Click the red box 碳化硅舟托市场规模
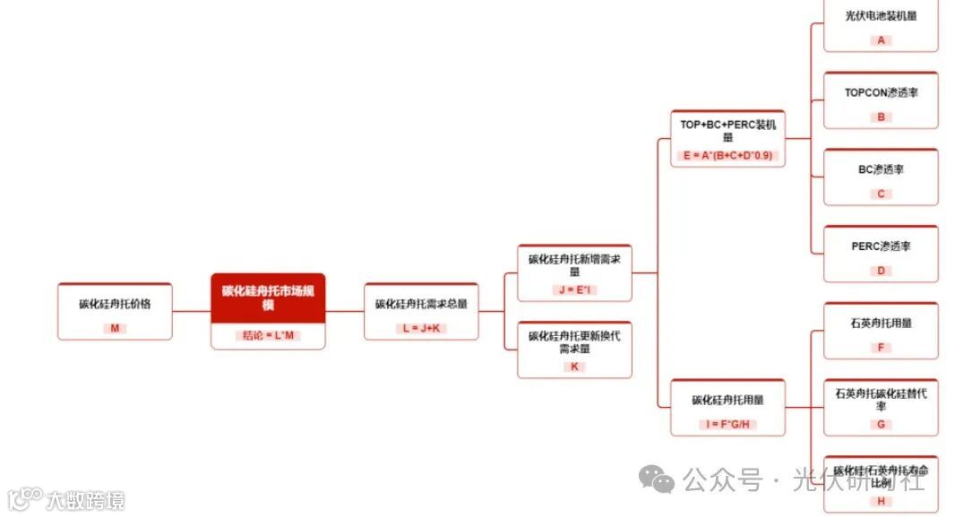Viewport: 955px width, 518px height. pyautogui.click(x=268, y=298)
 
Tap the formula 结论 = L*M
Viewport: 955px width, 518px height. pyautogui.click(x=268, y=335)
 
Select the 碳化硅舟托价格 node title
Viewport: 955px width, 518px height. pyautogui.click(x=115, y=304)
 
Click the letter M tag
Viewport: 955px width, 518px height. pyautogui.click(x=115, y=328)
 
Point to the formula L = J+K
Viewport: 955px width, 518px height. pyautogui.click(x=421, y=328)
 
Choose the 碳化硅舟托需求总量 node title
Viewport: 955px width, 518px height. pyautogui.click(x=421, y=304)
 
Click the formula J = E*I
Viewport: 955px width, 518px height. pyautogui.click(x=574, y=289)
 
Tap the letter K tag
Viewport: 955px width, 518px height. pyautogui.click(x=574, y=367)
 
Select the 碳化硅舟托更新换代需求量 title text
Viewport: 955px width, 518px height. pyautogui.click(x=574, y=341)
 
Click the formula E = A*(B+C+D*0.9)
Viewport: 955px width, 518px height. pyautogui.click(x=727, y=155)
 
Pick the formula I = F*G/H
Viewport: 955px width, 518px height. pyautogui.click(x=727, y=424)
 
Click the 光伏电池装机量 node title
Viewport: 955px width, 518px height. pyautogui.click(x=881, y=15)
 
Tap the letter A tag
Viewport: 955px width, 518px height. pyautogui.click(x=881, y=40)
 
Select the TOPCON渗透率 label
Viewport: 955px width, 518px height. pyautogui.click(x=881, y=92)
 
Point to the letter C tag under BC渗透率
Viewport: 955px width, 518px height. pyautogui.click(x=881, y=194)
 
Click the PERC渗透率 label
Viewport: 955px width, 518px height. pyautogui.click(x=881, y=246)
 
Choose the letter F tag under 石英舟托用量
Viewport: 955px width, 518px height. pyautogui.click(x=881, y=348)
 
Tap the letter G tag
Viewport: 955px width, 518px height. pyautogui.click(x=881, y=425)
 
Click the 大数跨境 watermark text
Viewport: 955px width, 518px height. pyautogui.click(x=87, y=500)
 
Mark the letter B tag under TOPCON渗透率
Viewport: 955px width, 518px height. pyautogui.click(x=881, y=117)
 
